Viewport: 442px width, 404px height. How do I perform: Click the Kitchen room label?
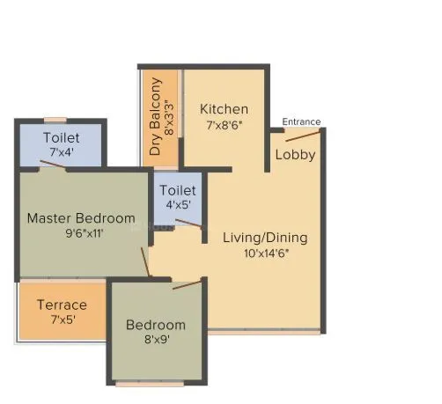(224, 109)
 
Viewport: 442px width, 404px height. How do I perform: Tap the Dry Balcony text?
(156, 117)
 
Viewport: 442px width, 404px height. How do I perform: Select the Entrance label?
(301, 121)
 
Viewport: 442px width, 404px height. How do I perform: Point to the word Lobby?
(295, 155)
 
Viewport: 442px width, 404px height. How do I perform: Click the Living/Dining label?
(264, 237)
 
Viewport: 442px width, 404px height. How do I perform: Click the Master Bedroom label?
(81, 217)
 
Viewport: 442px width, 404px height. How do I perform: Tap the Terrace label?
(62, 305)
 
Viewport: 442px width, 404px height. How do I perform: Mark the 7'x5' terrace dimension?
(62, 320)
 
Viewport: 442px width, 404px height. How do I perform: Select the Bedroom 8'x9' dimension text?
(156, 339)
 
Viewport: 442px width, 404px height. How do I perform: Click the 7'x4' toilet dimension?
(62, 152)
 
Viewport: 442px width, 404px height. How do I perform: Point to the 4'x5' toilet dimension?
(178, 204)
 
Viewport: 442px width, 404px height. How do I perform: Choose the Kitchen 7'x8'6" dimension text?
(224, 124)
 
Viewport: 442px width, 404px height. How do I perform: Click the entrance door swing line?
(302, 135)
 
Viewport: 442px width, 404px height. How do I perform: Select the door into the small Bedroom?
(186, 284)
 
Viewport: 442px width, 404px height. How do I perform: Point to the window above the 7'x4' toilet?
(56, 120)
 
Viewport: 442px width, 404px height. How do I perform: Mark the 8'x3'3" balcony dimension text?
(170, 118)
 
